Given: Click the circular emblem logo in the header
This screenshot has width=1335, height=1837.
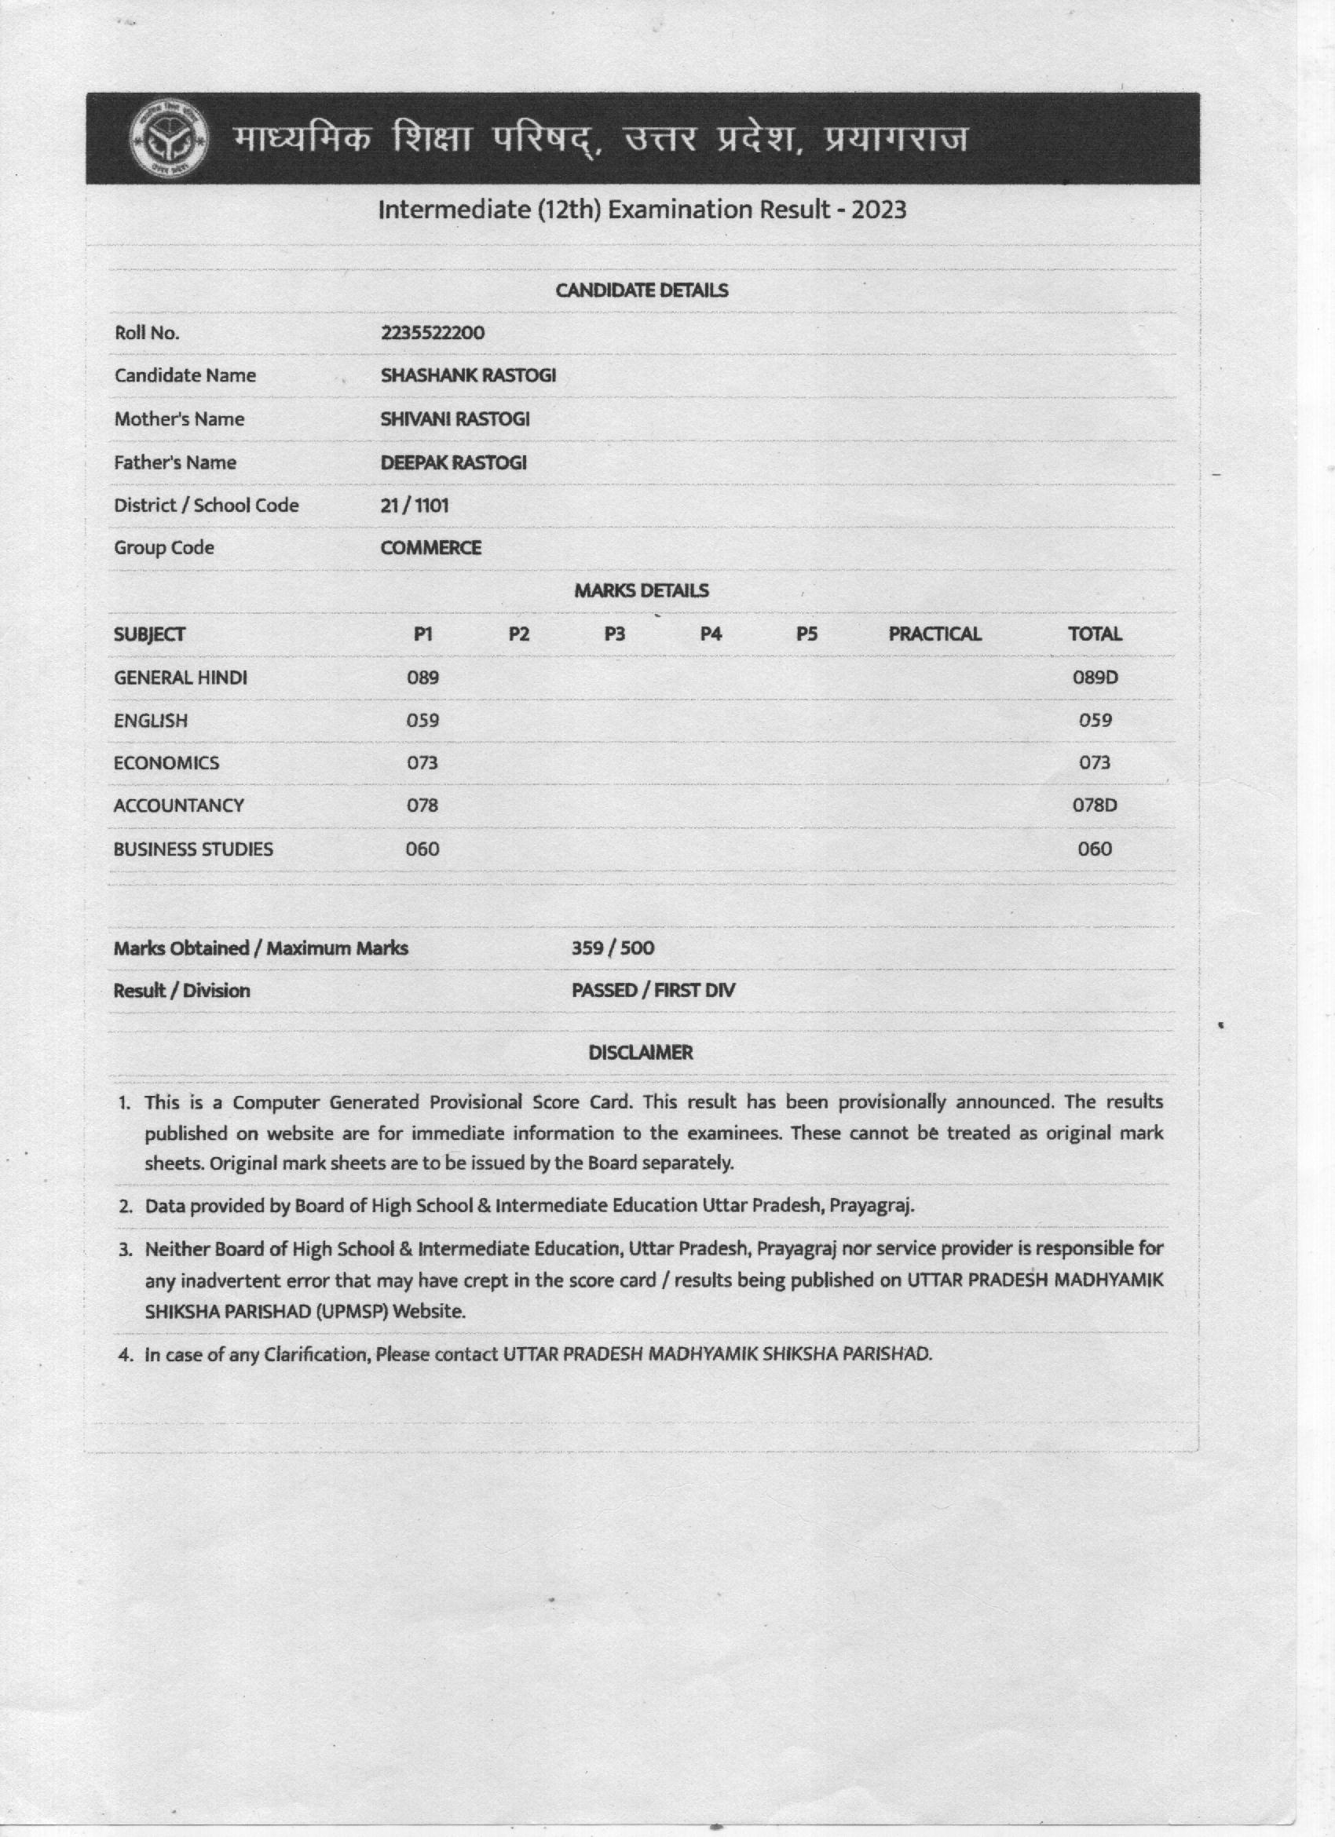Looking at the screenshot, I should [169, 139].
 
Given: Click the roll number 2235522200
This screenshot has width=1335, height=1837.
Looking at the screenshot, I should [433, 333].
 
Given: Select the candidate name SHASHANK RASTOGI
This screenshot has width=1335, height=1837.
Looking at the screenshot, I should [468, 376].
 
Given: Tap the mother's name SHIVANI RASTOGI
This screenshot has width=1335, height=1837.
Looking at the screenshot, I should [455, 418].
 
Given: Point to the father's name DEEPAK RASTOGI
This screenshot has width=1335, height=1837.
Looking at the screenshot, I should [454, 462].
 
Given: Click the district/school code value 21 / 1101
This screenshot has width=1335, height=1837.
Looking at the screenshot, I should [415, 506].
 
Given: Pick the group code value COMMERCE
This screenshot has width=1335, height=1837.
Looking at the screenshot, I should [431, 547].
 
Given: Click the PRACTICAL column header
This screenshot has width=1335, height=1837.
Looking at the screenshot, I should [934, 634].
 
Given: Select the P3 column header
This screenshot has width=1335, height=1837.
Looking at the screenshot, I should [615, 634].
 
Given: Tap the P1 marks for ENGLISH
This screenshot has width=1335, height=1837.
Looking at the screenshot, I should [422, 720].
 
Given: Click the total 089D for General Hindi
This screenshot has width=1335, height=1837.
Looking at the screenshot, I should [1095, 677].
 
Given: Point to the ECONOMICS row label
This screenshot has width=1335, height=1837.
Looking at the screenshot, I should [166, 763].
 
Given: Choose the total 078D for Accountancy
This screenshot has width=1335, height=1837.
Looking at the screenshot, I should [1095, 805].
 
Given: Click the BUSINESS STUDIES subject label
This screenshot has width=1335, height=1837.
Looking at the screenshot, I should [194, 849].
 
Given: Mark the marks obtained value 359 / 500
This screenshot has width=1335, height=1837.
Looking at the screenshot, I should [613, 948].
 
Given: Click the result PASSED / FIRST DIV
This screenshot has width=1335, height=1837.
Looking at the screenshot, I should [653, 991].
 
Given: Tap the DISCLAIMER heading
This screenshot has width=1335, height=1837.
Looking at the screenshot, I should [641, 1053].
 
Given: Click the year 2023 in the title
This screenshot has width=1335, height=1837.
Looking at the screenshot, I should [878, 210].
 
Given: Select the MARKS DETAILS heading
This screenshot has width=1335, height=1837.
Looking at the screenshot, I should [642, 590].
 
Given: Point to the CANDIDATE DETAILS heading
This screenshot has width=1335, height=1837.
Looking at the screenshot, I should [642, 290].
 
